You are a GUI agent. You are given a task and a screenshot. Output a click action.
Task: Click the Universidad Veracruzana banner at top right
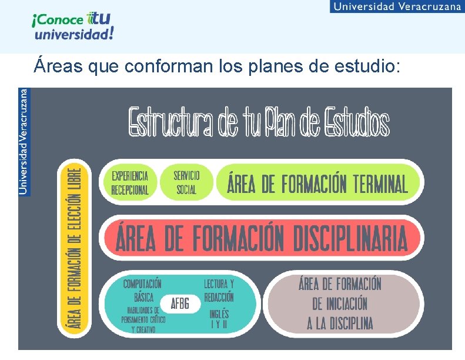click(397, 6)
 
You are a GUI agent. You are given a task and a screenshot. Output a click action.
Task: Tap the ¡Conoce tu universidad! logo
click(72, 27)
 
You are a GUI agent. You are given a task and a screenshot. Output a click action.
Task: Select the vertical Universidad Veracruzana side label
click(24, 141)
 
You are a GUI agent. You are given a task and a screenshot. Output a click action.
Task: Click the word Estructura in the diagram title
click(170, 123)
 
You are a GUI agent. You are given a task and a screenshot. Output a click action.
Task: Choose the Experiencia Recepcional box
click(130, 182)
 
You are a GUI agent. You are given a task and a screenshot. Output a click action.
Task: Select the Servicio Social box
click(186, 182)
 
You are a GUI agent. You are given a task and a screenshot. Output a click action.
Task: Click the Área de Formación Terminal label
click(317, 184)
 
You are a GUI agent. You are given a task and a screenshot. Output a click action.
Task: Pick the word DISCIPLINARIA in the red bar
click(350, 238)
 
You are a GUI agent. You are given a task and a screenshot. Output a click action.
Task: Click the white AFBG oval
click(180, 304)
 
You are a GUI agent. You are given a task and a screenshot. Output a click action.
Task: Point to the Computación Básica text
click(143, 291)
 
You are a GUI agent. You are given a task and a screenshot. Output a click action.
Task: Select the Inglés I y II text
click(219, 319)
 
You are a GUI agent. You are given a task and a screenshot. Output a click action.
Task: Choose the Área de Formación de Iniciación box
click(340, 304)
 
